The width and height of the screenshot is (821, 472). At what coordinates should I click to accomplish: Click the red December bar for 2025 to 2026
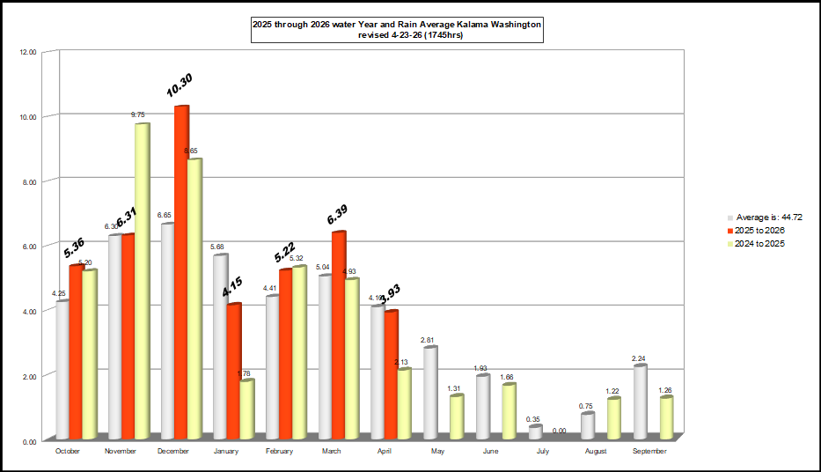tap(181, 273)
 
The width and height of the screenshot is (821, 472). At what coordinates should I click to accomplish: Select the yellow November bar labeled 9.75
tap(142, 282)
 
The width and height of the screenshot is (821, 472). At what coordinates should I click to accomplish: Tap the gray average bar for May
tap(430, 394)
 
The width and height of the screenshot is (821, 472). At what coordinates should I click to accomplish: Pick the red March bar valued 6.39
tap(339, 336)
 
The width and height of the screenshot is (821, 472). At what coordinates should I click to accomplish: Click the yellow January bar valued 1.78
tap(246, 409)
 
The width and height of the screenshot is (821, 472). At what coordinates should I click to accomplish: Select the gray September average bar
tap(641, 402)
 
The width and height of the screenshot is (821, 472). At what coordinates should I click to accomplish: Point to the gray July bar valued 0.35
tap(535, 432)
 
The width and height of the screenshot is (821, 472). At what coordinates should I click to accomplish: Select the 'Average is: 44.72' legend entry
tap(767, 216)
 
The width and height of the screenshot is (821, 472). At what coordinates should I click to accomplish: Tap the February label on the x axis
tap(280, 451)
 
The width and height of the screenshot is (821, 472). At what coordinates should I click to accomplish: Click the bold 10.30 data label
tap(180, 85)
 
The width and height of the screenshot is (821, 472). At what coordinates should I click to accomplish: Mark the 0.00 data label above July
tap(559, 431)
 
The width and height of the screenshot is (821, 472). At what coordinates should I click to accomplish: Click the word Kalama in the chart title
tap(443, 25)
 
